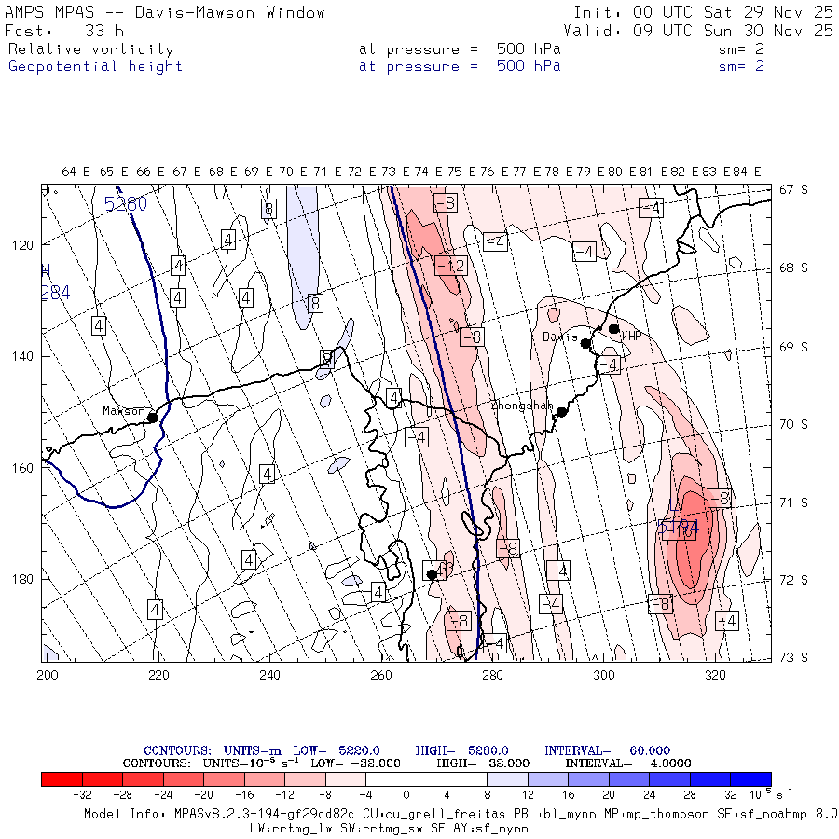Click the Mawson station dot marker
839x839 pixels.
coord(152,418)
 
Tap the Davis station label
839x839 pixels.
coord(560,337)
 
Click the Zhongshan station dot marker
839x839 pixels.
coord(562,412)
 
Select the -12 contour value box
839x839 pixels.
coord(450,267)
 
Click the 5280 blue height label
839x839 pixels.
coord(125,203)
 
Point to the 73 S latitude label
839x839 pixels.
coord(792,657)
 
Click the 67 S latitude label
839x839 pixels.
coord(792,189)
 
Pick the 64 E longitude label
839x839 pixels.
coord(76,172)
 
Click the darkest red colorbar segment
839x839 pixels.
coord(62,779)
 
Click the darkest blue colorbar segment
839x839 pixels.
coord(750,779)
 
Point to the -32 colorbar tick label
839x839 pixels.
coord(83,795)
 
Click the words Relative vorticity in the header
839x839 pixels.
coord(90,49)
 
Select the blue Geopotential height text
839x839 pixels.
coord(95,66)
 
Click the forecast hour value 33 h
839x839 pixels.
coord(104,30)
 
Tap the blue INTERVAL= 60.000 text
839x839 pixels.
coord(607,750)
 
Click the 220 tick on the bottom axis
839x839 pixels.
coord(158,674)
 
